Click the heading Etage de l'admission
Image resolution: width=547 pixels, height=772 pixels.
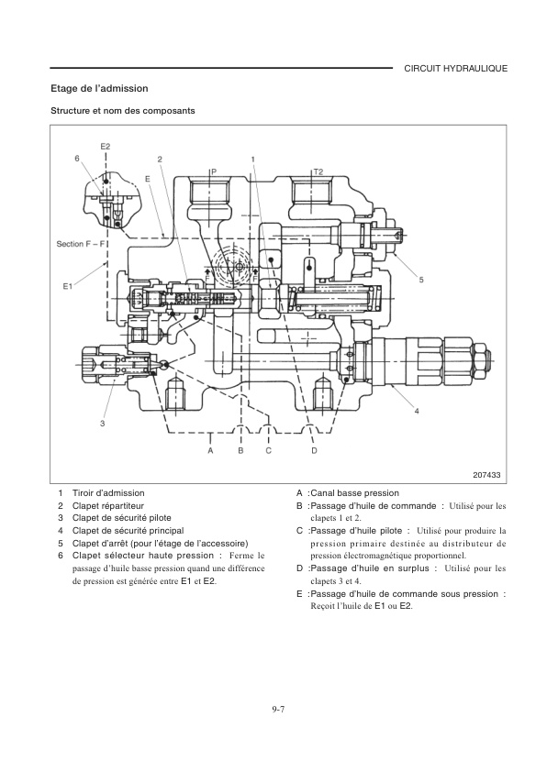coord(99,89)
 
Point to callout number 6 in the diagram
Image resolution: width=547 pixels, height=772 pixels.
coord(77,159)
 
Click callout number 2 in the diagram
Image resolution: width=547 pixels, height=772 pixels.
coord(161,159)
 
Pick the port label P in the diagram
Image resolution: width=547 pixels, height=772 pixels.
coord(213,171)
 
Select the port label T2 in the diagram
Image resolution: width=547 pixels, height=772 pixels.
coord(318,171)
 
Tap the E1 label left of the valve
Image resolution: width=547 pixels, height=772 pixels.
coord(67,287)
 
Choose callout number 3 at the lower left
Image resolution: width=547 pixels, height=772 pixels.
coord(103,424)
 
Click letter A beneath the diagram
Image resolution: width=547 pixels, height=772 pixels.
coord(210,450)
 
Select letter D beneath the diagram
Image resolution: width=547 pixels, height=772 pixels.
coord(314,450)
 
